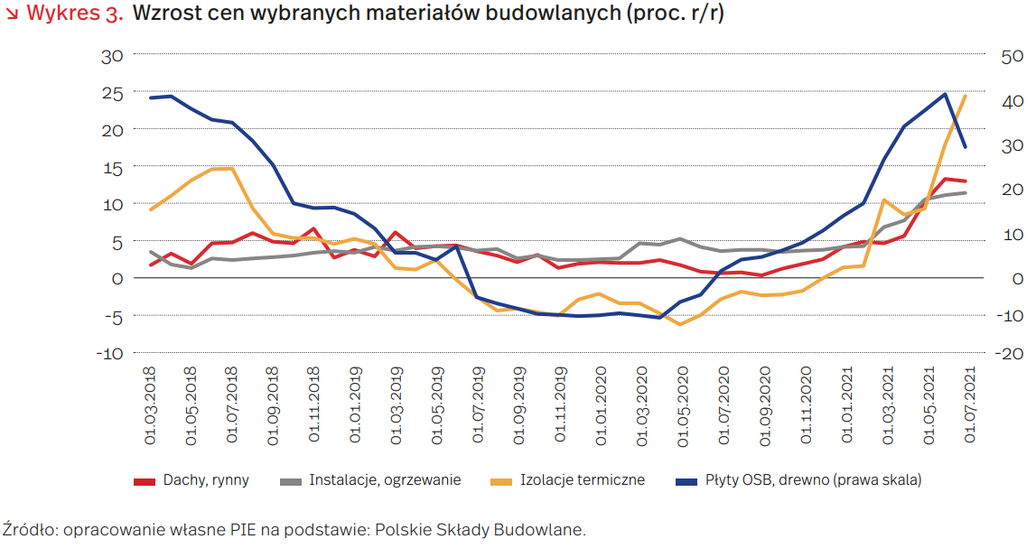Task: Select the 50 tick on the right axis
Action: pyautogui.click(x=1013, y=55)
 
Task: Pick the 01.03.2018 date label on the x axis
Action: pyautogui.click(x=150, y=404)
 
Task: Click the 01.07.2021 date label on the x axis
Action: pyautogui.click(x=968, y=404)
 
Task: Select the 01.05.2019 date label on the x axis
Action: pyautogui.click(x=436, y=404)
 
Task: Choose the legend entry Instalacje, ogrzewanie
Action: pyautogui.click(x=385, y=480)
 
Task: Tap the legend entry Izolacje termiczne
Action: pyautogui.click(x=583, y=480)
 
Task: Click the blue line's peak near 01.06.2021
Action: pyautogui.click(x=945, y=94)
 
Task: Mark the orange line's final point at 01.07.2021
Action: pyautogui.click(x=966, y=96)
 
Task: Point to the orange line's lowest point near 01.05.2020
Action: pyautogui.click(x=681, y=324)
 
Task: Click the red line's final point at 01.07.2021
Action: pyautogui.click(x=966, y=181)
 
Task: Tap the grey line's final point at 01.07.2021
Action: pyautogui.click(x=966, y=192)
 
